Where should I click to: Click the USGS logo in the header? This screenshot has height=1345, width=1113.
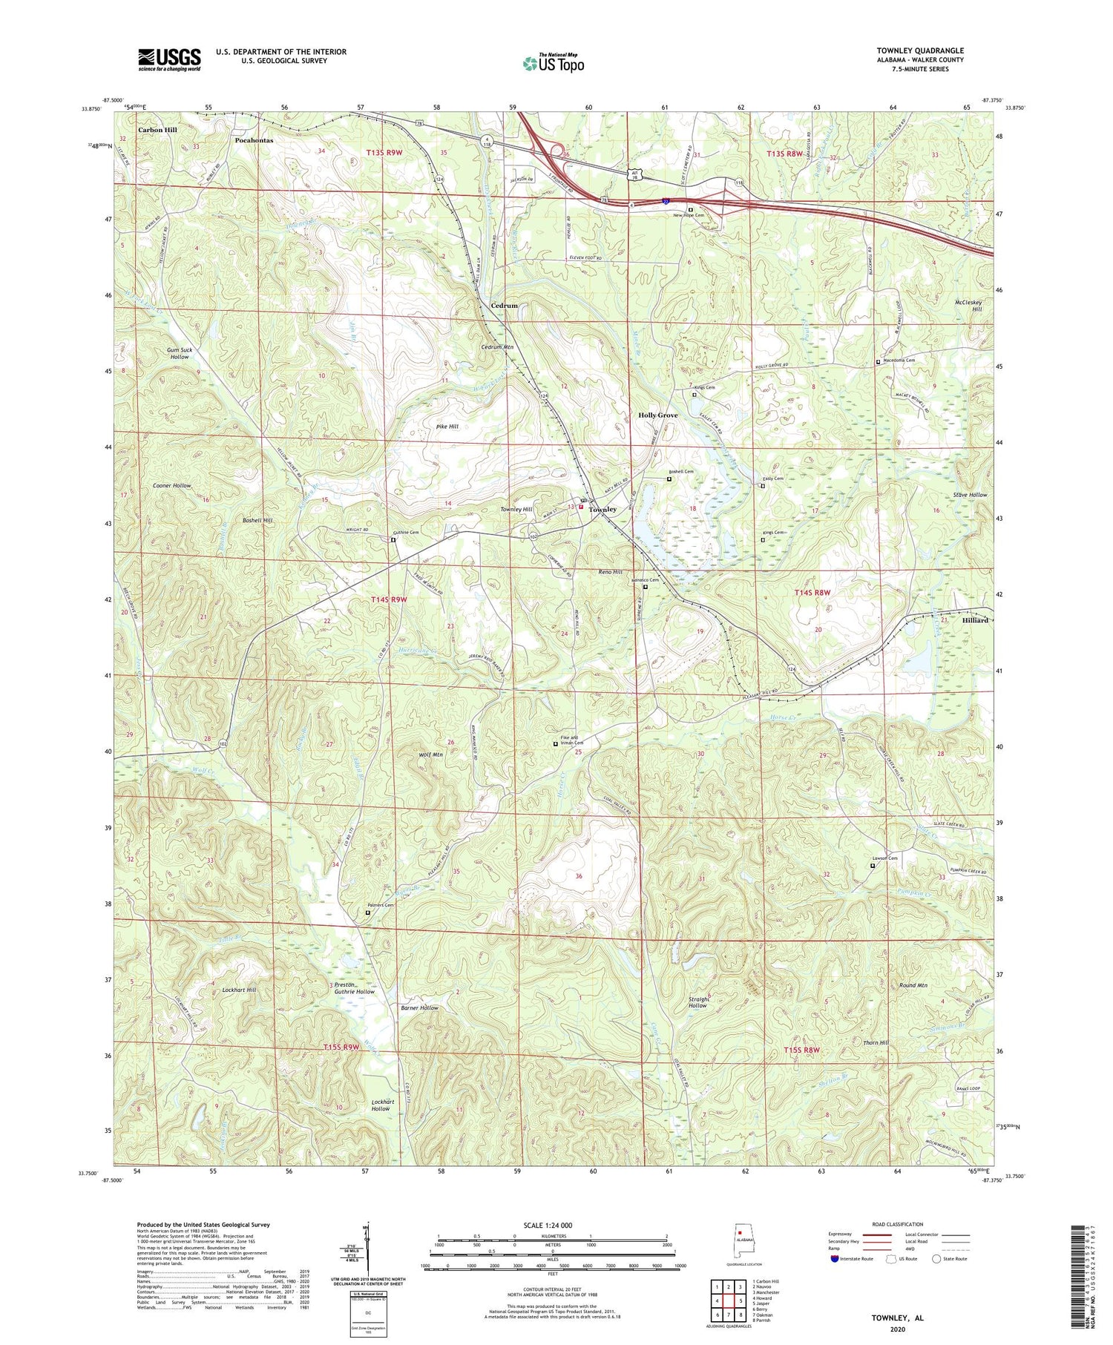point(169,59)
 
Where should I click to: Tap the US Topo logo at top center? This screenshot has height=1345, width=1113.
point(554,64)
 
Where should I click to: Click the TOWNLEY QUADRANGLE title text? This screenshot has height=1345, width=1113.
point(920,50)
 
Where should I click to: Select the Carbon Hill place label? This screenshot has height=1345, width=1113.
point(157,130)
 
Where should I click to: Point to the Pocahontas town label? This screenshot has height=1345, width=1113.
point(254,139)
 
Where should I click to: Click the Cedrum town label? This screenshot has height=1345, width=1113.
point(505,306)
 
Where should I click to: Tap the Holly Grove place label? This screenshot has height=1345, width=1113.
point(658,415)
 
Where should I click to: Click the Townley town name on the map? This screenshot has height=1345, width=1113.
point(603,510)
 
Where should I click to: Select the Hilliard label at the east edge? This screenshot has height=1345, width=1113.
point(975,620)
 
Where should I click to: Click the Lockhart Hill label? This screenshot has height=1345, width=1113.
point(239,990)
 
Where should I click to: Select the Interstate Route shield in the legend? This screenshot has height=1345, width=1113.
point(834,1259)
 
